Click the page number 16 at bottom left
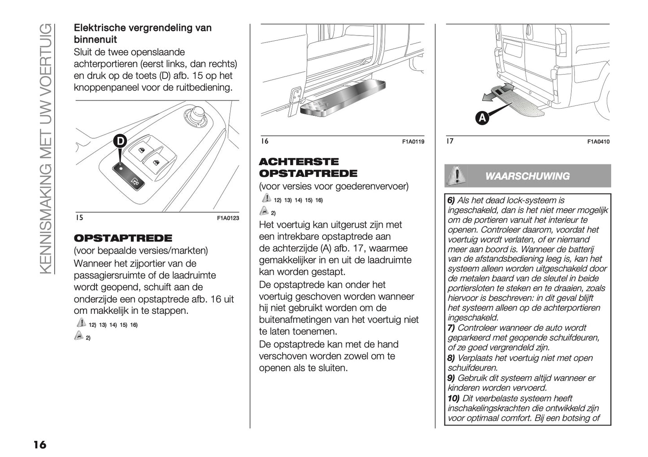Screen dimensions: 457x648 (39, 444)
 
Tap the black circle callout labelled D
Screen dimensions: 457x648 (120, 141)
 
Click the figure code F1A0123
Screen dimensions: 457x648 (228, 218)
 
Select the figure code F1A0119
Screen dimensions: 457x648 (413, 142)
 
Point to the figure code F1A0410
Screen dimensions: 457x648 (599, 142)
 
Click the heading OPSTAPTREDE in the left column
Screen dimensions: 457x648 (122, 238)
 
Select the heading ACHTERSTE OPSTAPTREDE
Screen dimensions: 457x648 (308, 167)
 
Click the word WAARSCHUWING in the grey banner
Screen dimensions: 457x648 (527, 176)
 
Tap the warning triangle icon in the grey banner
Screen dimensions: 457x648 (457, 176)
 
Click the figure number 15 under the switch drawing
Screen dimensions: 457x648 (79, 218)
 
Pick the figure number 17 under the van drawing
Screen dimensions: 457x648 (450, 141)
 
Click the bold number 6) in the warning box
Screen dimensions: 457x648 (451, 201)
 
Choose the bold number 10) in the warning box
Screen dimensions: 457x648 (453, 398)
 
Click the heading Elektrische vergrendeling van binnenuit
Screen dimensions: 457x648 (142, 34)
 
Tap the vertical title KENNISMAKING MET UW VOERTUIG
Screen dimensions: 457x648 (46, 148)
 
